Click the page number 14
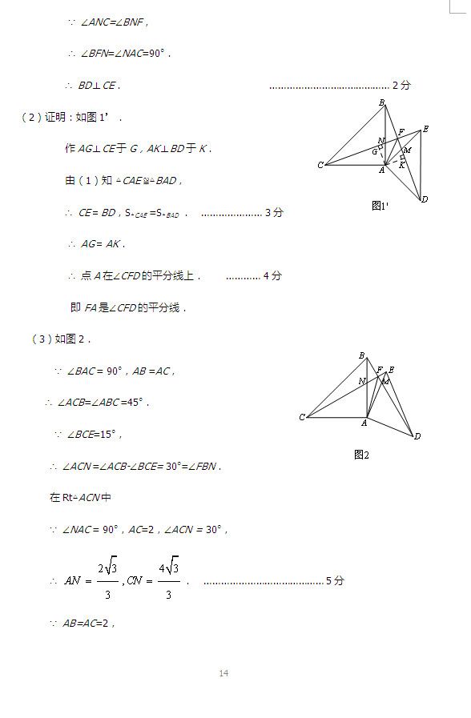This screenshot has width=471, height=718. pos(223,673)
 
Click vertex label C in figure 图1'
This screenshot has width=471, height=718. pos(320,166)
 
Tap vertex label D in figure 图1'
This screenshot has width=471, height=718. pos(425,199)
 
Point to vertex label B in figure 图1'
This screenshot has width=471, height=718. pos(382,102)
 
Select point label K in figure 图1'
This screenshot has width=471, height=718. pos(401,166)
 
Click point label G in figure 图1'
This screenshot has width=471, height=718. pos(373,151)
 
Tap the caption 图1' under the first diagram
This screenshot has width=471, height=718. pos(380,206)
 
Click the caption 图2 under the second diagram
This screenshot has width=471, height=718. pos(361,455)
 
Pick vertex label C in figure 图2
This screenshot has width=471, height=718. pos(302,417)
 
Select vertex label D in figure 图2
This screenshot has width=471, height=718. pos(417,436)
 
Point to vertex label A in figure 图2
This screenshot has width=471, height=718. pos(364,423)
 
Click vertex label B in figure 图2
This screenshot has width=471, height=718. pos(362,355)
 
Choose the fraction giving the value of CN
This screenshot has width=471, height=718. pos(168,579)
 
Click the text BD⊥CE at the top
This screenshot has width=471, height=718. pos(99,86)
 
